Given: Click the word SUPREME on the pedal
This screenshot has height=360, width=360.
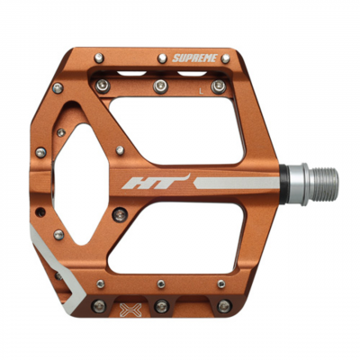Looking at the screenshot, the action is coord(194,58).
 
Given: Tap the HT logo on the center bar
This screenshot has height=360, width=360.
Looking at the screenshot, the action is coord(156,182).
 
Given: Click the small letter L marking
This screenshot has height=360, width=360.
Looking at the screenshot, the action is coord(202,92).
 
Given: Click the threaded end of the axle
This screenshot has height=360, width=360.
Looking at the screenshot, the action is coord(324,184).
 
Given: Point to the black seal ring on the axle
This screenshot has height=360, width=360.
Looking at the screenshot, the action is coord(284,184).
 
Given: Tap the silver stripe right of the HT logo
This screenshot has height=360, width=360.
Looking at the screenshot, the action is coord(237,183).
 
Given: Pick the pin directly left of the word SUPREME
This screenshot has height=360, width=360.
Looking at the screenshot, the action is coord(162,58).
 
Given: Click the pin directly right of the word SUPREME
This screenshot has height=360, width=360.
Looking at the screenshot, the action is coord(225,58).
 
